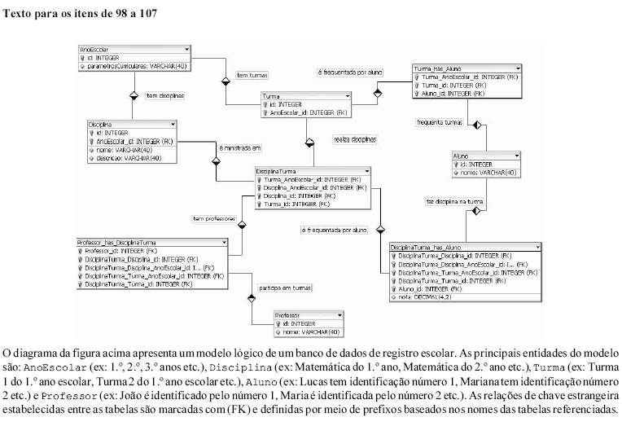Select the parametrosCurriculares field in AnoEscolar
point(138,66)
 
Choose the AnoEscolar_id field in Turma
point(309,113)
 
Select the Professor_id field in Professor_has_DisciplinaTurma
point(122,251)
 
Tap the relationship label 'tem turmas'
point(252,75)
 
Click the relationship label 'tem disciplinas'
point(165,95)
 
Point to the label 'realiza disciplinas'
point(355,139)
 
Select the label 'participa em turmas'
point(284,288)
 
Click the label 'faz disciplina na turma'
point(455,200)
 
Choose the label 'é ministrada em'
point(240,148)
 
